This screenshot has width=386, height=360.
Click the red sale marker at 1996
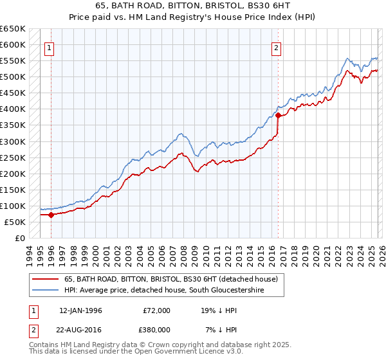(51, 215)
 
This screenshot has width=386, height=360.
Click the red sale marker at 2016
(278, 116)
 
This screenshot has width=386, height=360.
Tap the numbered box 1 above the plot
(50, 47)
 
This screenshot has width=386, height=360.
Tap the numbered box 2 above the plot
(277, 47)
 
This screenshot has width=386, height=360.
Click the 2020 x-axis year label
(316, 254)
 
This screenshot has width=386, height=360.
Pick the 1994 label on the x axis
(30, 254)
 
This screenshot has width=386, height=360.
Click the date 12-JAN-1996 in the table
(80, 310)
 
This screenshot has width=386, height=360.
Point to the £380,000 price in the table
(156, 330)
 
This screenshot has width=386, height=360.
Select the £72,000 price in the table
(156, 310)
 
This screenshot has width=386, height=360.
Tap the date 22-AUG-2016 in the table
(80, 330)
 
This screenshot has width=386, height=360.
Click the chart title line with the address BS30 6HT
(192, 7)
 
